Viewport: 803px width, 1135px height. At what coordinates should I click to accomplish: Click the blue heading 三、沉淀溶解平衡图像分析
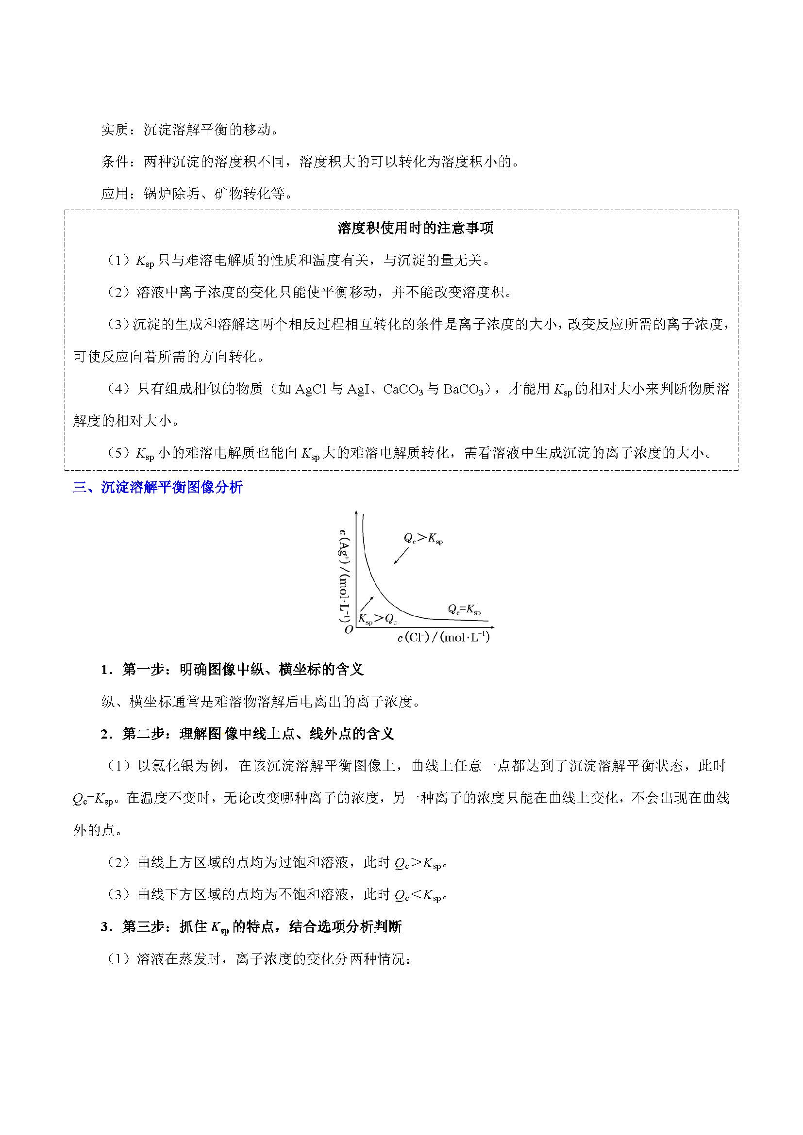coord(158,487)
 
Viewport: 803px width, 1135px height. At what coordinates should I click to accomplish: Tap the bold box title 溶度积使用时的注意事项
coord(416,228)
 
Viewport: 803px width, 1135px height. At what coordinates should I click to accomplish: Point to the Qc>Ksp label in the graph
coord(423,538)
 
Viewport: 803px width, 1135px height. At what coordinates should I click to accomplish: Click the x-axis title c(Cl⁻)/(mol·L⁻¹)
coord(444,638)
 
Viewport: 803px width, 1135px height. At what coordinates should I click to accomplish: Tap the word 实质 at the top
coord(115,130)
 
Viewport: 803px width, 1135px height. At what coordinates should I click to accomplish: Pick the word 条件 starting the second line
coord(115,162)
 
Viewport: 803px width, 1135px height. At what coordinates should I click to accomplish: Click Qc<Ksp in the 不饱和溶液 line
coord(417,895)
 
